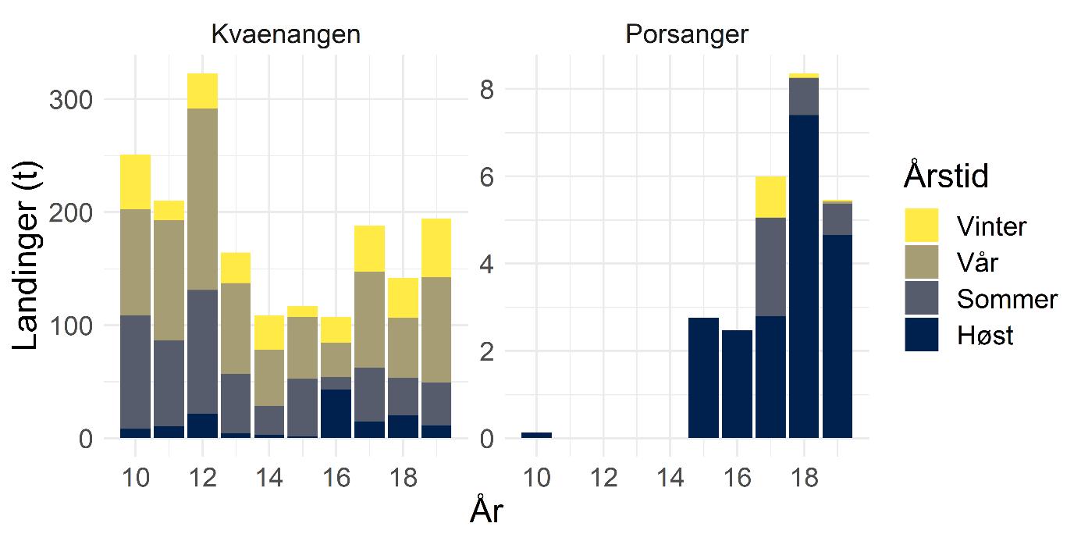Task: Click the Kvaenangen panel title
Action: [286, 35]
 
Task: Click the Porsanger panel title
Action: [687, 35]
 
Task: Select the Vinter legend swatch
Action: [921, 226]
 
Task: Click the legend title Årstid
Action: [946, 176]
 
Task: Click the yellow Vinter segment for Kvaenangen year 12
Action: [202, 91]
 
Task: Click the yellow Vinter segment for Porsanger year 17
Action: [770, 197]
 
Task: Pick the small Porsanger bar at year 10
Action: [536, 435]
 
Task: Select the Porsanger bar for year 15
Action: [703, 378]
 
